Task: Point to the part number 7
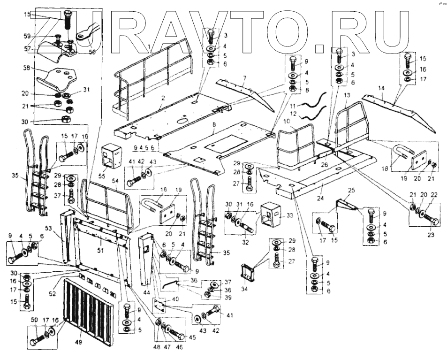[244, 76]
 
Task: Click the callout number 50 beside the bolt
[34, 320]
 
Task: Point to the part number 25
[349, 190]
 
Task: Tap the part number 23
[431, 233]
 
